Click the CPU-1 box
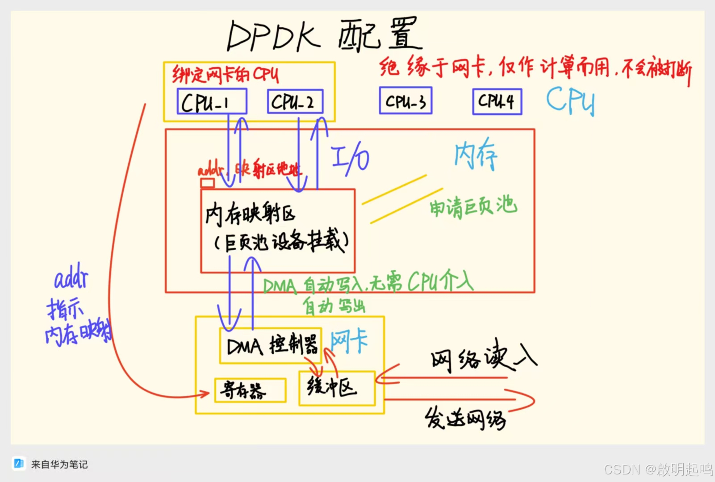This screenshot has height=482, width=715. coord(212,101)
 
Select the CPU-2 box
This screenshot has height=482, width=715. coord(295,101)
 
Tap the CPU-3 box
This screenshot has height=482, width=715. coord(406,101)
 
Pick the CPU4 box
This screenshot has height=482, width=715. coord(497,101)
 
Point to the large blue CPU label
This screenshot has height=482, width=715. coord(570,100)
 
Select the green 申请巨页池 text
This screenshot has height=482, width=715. coord(473,207)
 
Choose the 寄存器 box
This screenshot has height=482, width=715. coord(250,390)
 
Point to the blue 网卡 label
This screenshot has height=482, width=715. coord(349,342)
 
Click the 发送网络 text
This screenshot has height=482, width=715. coord(465,419)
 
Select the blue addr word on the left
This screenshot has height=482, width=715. coord(71,278)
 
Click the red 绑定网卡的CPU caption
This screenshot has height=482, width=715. coord(226,75)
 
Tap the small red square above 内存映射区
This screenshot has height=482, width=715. coord(207,183)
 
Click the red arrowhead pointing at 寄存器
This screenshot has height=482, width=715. coord(205,394)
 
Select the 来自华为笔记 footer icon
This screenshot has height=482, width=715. coord(19,464)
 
